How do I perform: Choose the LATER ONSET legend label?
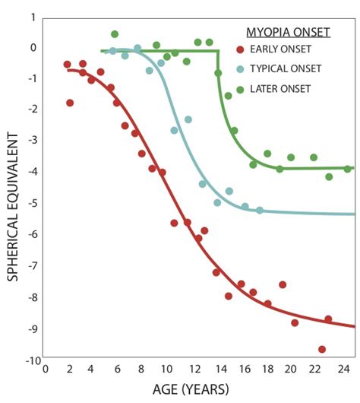(x=281, y=88)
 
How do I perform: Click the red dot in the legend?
(x=240, y=50)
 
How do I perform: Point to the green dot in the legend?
(x=240, y=88)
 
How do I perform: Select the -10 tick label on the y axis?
(x=28, y=360)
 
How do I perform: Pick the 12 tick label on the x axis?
(x=195, y=370)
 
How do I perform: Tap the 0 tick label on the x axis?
(x=46, y=370)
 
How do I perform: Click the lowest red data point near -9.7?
(x=322, y=349)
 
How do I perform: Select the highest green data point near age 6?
(x=115, y=34)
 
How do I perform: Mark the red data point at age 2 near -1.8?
(x=70, y=103)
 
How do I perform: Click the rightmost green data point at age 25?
(x=347, y=169)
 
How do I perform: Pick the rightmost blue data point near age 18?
(x=260, y=210)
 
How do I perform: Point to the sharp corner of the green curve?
(x=219, y=51)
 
